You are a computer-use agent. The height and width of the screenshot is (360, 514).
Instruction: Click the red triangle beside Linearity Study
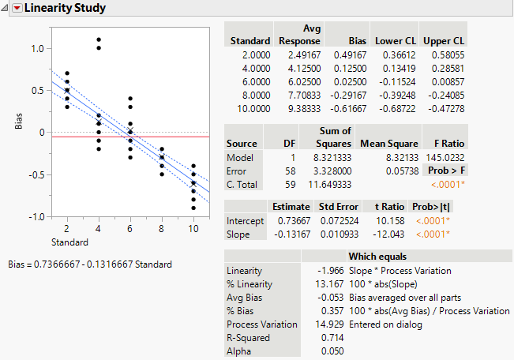[x=17, y=9]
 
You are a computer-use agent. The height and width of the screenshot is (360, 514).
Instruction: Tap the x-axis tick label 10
[x=193, y=228]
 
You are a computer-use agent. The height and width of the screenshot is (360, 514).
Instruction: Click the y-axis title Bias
[x=18, y=121]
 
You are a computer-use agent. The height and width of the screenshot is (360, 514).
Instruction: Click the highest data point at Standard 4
[x=99, y=39]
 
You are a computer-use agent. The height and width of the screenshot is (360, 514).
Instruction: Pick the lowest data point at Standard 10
[x=193, y=208]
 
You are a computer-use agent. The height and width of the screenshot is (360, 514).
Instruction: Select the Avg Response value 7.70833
[x=299, y=93]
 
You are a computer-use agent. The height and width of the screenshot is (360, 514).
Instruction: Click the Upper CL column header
[x=444, y=40]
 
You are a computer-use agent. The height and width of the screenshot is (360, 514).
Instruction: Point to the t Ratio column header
[x=386, y=207]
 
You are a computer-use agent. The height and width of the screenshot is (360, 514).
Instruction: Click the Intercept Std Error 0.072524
[x=338, y=221]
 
